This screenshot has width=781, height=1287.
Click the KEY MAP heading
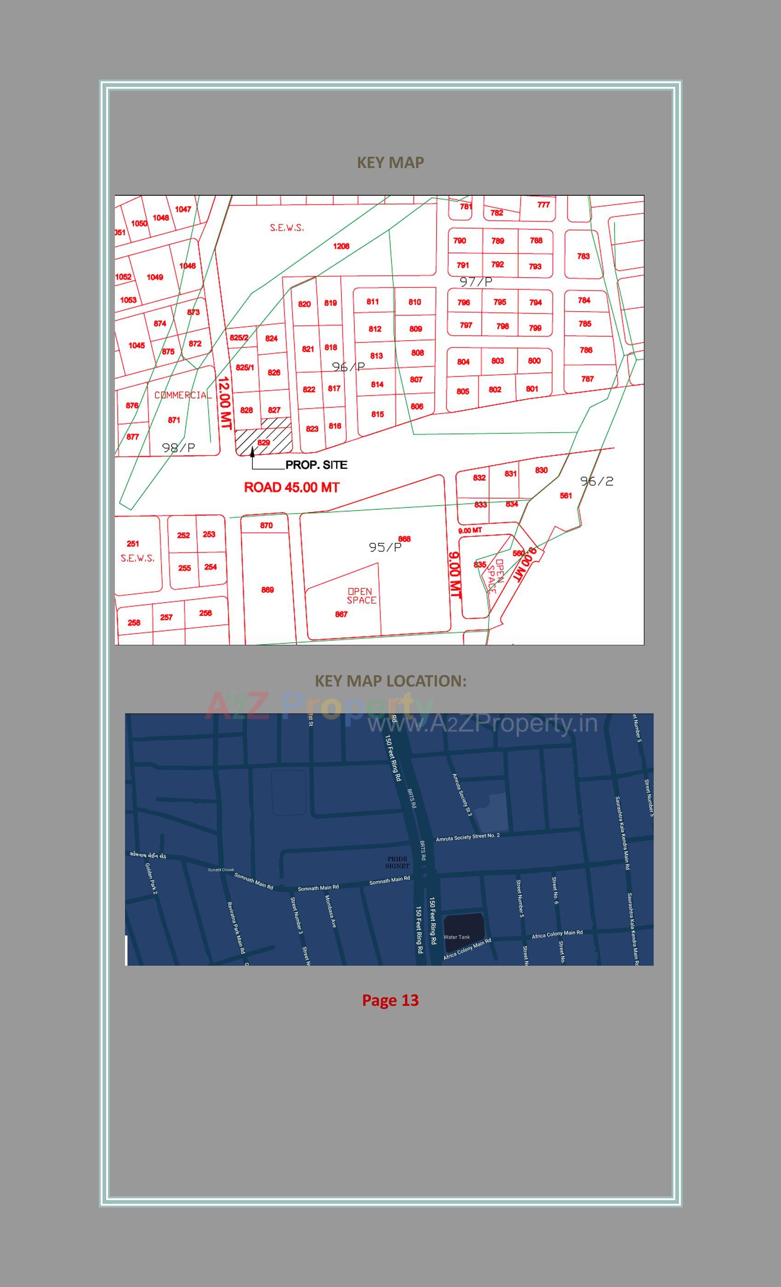[x=390, y=162]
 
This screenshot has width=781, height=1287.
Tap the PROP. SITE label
[x=316, y=465]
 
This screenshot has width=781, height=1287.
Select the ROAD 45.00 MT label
[x=291, y=487]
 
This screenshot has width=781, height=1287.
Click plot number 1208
[x=341, y=246]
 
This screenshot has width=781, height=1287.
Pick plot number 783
[x=583, y=256]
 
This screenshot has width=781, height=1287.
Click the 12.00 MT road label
[x=224, y=403]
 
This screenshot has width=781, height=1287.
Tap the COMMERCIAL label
[x=183, y=395]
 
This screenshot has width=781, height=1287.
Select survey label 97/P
[x=476, y=282]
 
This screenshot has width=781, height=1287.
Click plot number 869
[x=268, y=590]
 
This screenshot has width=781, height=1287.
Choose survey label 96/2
[x=597, y=481]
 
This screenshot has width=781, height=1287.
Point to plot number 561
[x=566, y=495]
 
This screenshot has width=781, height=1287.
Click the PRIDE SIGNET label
[x=397, y=862]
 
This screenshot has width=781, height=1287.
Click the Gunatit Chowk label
[x=221, y=870]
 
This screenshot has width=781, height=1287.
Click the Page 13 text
[x=390, y=1000]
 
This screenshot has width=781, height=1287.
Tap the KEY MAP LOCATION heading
[x=390, y=681]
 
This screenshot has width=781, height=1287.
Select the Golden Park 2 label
[x=151, y=878]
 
